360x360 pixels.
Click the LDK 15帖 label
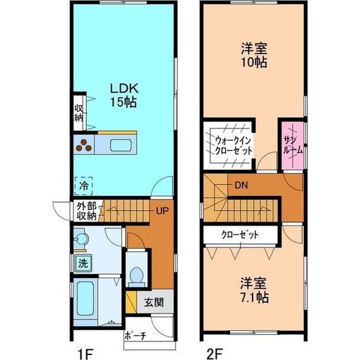pos(124,95)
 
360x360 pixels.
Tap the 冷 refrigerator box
pos(84,186)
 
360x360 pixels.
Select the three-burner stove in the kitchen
pos(84,145)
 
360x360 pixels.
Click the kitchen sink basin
pos(121,145)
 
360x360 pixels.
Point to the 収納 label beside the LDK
pos(78,113)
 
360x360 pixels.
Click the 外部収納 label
pos(87,212)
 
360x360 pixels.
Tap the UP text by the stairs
pos(162,211)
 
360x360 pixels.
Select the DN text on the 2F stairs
pos(241,185)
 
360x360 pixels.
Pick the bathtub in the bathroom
pos(85,298)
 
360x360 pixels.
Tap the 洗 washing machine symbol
pos(83,263)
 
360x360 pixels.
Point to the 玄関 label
pos(154,302)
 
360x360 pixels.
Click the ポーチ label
pos(136,336)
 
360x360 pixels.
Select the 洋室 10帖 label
pos(254,55)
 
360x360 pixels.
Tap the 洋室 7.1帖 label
pos(254,290)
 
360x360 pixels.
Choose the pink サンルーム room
pos(292,146)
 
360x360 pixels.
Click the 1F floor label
pos(85,353)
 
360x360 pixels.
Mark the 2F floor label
pos(215,353)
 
